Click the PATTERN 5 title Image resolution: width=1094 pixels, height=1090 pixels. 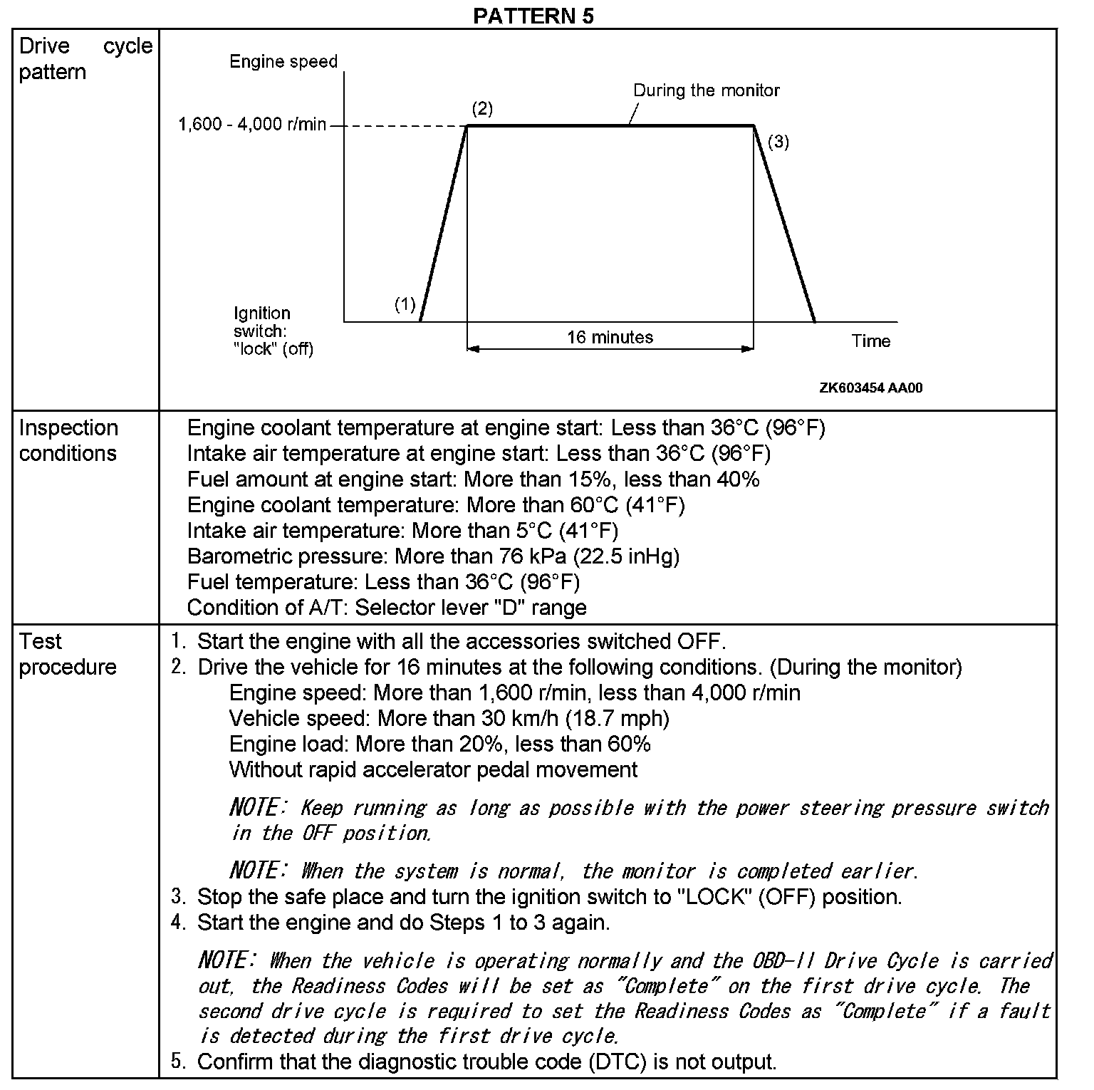click(x=533, y=15)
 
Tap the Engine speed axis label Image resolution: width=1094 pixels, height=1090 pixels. click(x=283, y=62)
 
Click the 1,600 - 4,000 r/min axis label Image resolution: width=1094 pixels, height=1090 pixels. click(x=251, y=125)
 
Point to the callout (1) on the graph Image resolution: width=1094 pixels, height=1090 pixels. click(x=405, y=305)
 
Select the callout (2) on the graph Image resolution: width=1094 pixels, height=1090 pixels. click(x=482, y=109)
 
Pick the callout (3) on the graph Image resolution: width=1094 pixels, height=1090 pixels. click(x=778, y=142)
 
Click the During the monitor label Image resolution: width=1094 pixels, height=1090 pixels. click(x=706, y=90)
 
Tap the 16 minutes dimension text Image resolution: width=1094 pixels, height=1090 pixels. click(x=610, y=337)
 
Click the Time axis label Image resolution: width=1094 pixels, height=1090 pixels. click(x=870, y=341)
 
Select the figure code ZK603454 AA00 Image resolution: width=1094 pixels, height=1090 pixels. click(x=870, y=388)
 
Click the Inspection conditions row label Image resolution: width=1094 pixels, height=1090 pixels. click(x=68, y=440)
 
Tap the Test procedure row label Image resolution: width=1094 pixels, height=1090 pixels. click(x=68, y=654)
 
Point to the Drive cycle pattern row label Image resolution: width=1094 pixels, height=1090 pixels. click(x=85, y=58)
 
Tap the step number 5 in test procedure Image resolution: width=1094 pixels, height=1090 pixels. click(x=177, y=1061)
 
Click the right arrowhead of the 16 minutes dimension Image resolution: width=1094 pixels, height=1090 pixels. click(x=747, y=349)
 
